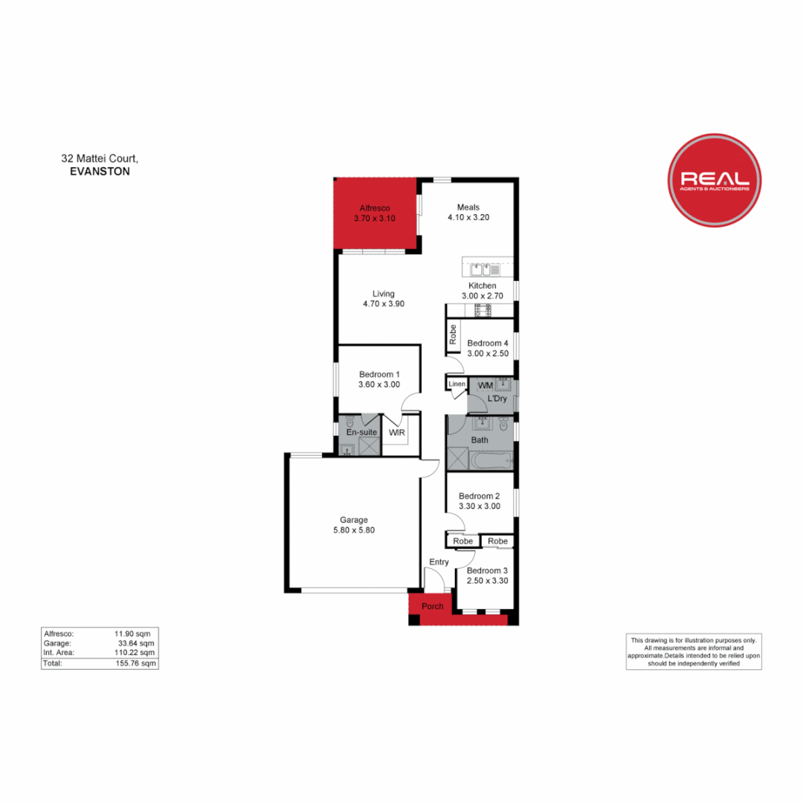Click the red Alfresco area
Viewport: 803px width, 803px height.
[375, 216]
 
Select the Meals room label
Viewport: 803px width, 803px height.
[468, 207]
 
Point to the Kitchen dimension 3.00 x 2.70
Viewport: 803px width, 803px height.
[482, 296]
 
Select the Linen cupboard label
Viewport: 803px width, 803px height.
[457, 384]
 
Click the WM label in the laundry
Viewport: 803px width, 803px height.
[485, 385]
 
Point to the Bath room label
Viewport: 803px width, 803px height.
[480, 440]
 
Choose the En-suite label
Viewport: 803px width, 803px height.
[362, 432]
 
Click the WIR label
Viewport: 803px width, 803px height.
[396, 432]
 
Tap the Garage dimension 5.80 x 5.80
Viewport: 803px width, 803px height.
[354, 531]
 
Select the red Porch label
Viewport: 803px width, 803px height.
[432, 607]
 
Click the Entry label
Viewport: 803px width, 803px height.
[439, 562]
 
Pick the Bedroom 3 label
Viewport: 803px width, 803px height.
[487, 570]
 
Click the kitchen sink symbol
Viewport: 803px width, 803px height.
[477, 269]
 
